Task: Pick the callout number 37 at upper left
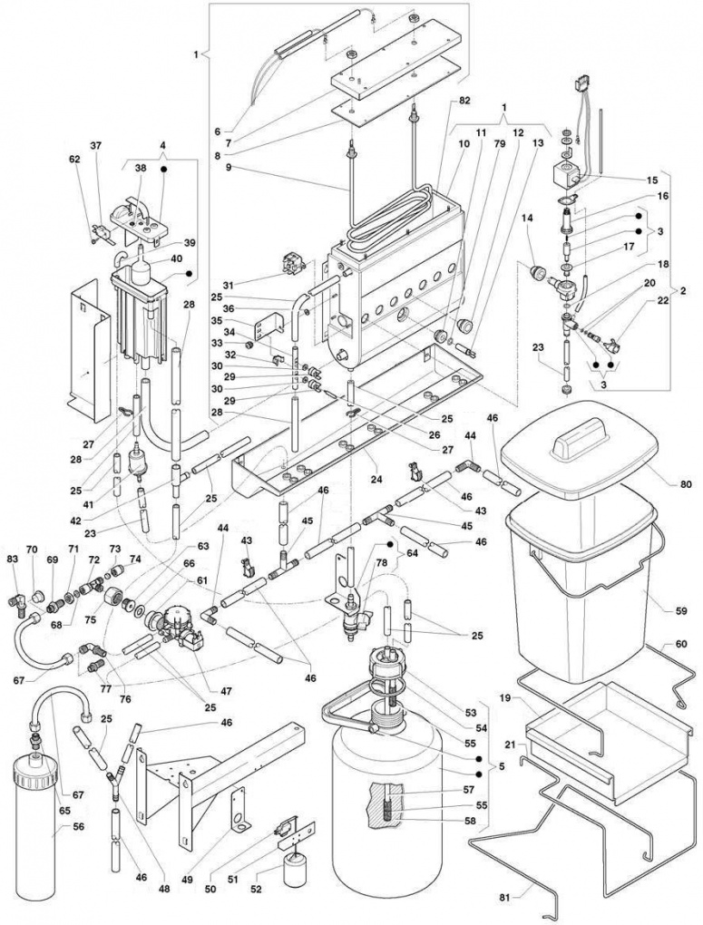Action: click(x=217, y=131)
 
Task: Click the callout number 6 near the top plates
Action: click(x=217, y=131)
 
